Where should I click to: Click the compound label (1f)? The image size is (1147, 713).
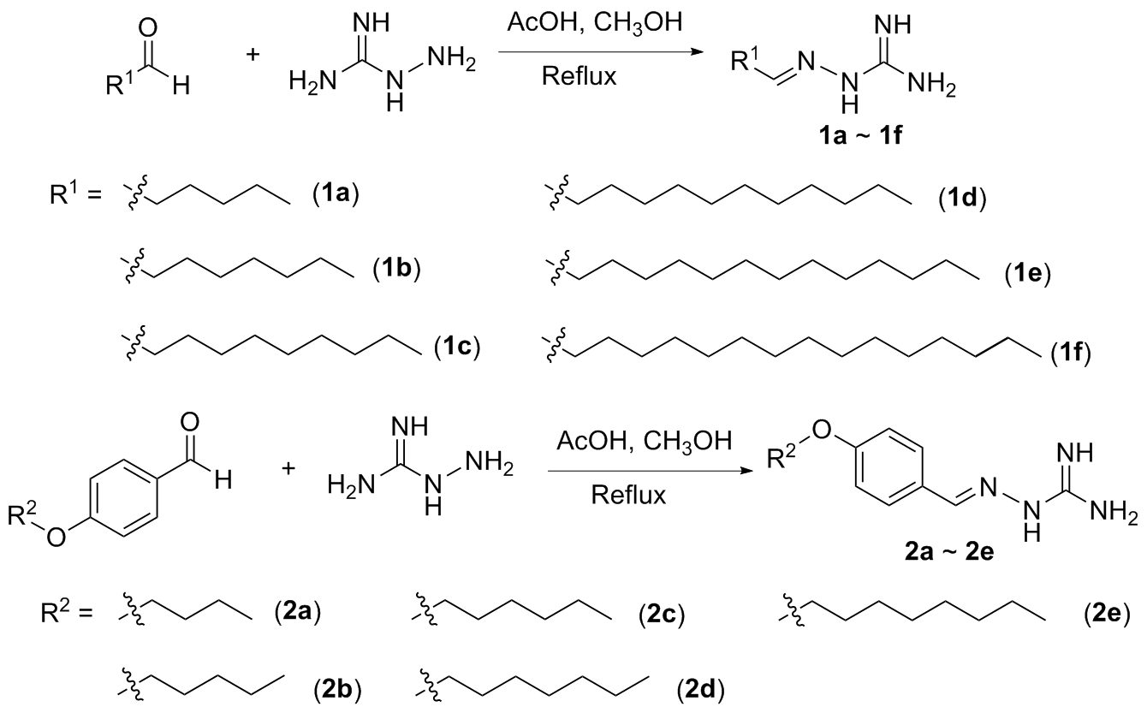(1064, 353)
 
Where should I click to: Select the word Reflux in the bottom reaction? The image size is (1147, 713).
(628, 496)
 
